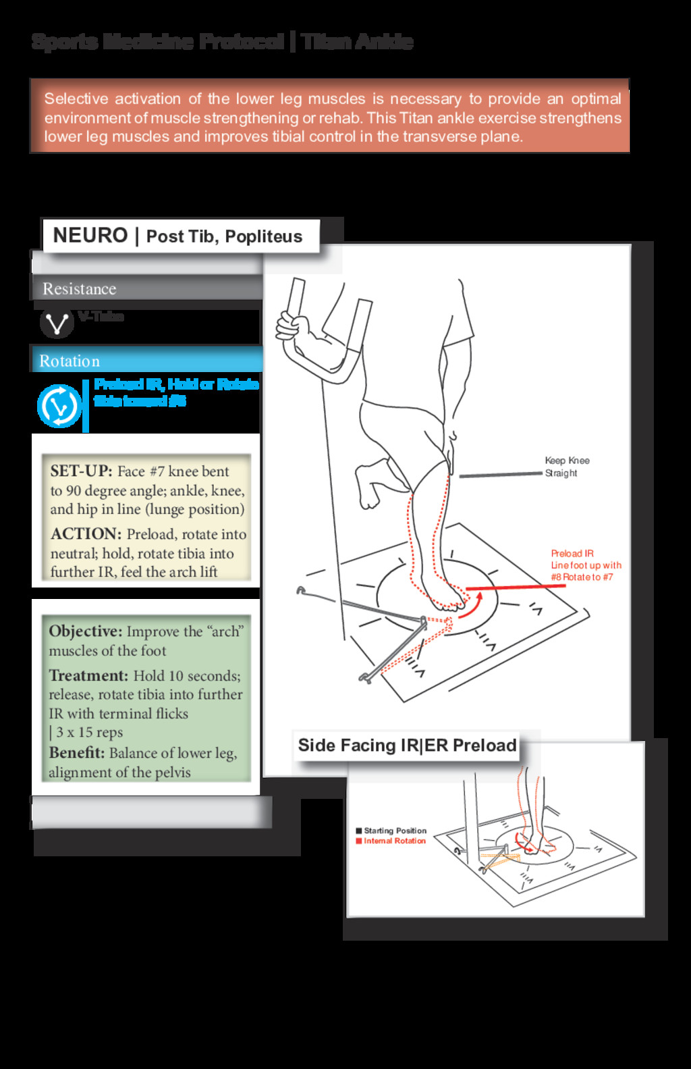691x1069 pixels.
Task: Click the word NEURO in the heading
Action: [x=90, y=236]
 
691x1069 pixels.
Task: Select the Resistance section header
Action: [x=79, y=289]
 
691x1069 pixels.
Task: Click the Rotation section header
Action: [x=70, y=361]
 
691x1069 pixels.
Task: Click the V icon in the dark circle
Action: [x=57, y=323]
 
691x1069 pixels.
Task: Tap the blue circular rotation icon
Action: [x=59, y=407]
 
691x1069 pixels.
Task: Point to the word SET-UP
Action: [x=81, y=471]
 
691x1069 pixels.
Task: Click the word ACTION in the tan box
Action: [x=86, y=533]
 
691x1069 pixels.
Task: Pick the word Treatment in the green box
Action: [x=88, y=675]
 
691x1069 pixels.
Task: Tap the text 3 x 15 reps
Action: [x=89, y=732]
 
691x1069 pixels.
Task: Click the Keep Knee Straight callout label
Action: [x=567, y=467]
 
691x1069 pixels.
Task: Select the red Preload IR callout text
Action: [x=585, y=565]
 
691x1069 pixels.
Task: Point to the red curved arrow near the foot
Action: [x=472, y=606]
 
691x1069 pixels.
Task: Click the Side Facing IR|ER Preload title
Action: [x=407, y=746]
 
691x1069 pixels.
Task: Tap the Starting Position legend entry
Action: [x=395, y=831]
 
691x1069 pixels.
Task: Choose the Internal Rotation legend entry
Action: [x=394, y=841]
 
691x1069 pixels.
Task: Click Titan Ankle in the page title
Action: [x=357, y=42]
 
